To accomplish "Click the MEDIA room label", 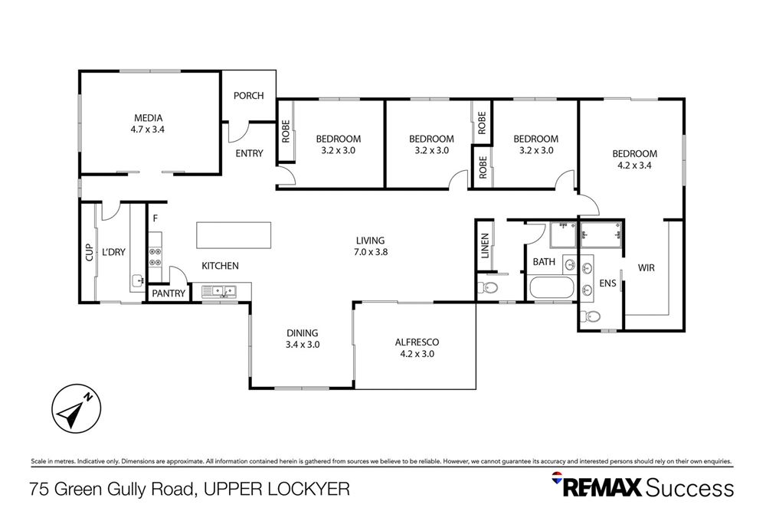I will [x=149, y=118].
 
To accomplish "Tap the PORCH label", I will [x=248, y=96].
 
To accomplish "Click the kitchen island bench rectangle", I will [x=234, y=234].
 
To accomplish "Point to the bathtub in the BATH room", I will [x=551, y=289].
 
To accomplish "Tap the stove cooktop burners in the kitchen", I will [x=154, y=256].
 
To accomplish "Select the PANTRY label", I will [x=168, y=293].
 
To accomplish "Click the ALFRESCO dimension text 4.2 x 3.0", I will [x=417, y=354].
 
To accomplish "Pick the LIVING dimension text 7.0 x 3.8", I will [x=369, y=252].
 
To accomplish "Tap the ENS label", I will [x=607, y=283].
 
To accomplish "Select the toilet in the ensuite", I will [x=591, y=316].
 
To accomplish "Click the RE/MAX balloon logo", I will [x=558, y=480].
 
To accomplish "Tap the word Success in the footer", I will [x=689, y=488].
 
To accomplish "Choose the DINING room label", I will [x=302, y=333].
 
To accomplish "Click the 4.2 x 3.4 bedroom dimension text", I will [x=635, y=164].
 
